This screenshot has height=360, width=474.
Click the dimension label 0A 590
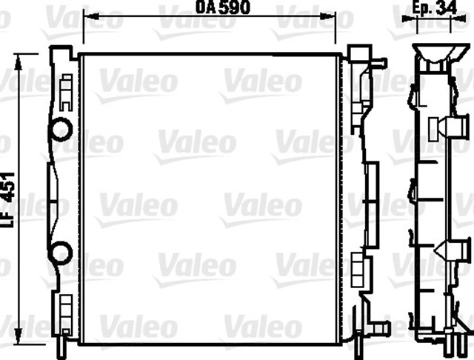point(223,7)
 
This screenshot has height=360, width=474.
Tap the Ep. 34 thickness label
point(435,7)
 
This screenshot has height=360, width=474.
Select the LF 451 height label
point(8,199)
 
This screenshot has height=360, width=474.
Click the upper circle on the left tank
point(61,129)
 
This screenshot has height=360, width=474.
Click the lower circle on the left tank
point(61,253)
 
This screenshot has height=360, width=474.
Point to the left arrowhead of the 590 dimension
point(87,16)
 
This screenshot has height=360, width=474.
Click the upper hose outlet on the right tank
point(379,63)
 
